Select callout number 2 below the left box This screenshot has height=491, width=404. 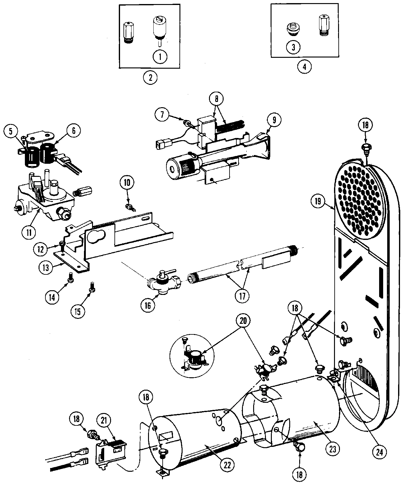coord(151,76)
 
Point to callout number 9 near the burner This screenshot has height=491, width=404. coord(274,119)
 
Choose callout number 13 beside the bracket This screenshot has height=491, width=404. coord(46,268)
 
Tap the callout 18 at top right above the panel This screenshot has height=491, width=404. coord(365,125)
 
